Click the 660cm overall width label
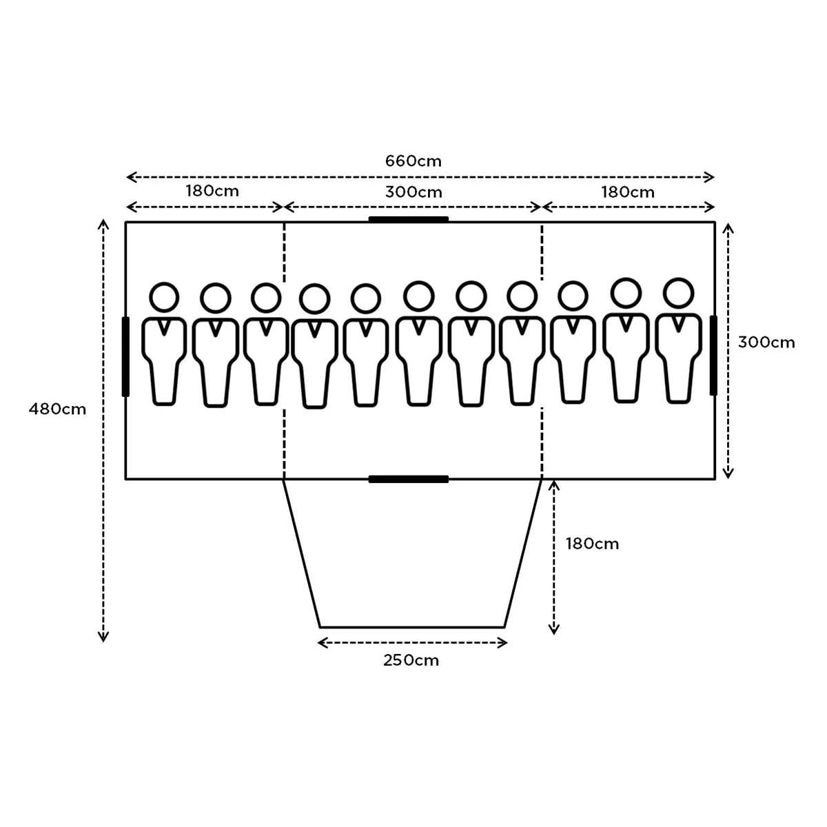coord(413,161)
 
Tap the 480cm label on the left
coord(57,409)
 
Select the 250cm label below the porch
coord(411,660)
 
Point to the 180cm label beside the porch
coord(592,544)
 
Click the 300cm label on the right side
coord(766,342)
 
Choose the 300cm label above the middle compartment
coord(413,192)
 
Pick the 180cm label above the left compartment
coord(212,190)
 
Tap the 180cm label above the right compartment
coord(627,192)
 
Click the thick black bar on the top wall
coord(409,220)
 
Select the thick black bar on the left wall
coord(125,356)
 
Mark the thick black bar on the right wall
coord(713,356)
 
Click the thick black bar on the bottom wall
coord(409,479)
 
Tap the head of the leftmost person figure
coord(164,297)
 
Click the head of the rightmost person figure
coord(678,292)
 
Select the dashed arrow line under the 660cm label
coord(420,178)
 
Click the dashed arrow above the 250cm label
coord(412,643)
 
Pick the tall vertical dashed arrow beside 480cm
coord(103,431)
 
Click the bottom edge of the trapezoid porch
coord(412,626)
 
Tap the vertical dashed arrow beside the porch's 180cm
coord(554,557)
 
